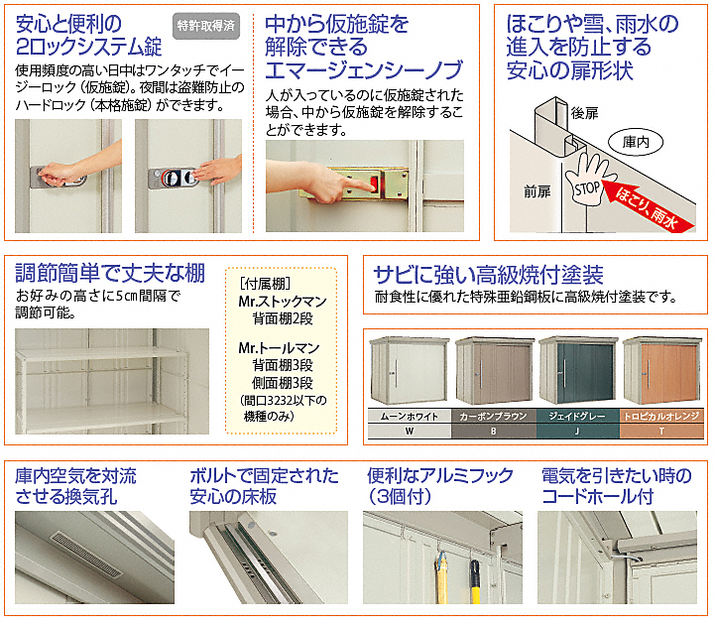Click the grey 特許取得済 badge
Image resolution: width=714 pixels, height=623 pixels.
(206, 26)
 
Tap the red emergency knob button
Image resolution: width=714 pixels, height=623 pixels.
(374, 184)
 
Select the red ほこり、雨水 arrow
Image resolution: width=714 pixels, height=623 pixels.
(648, 206)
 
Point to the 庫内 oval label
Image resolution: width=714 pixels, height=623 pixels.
(636, 143)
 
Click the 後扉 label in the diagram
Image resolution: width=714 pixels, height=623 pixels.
(585, 113)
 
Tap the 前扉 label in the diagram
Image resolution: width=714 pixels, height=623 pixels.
(537, 191)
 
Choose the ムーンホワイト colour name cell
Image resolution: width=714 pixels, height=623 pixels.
(410, 417)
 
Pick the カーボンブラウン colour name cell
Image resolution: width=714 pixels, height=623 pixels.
(494, 417)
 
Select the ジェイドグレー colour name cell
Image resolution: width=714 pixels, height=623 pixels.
(577, 417)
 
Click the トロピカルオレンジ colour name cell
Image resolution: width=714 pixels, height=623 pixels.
(661, 417)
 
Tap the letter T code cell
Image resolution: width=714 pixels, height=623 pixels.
(661, 431)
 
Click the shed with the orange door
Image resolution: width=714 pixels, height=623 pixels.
(662, 371)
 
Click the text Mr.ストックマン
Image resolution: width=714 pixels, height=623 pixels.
(283, 302)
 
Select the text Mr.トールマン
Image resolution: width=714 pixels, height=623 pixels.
(279, 348)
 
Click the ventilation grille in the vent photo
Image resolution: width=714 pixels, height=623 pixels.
(86, 554)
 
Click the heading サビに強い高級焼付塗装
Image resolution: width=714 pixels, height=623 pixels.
(488, 274)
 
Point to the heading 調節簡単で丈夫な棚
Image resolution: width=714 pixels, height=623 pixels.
(110, 273)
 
